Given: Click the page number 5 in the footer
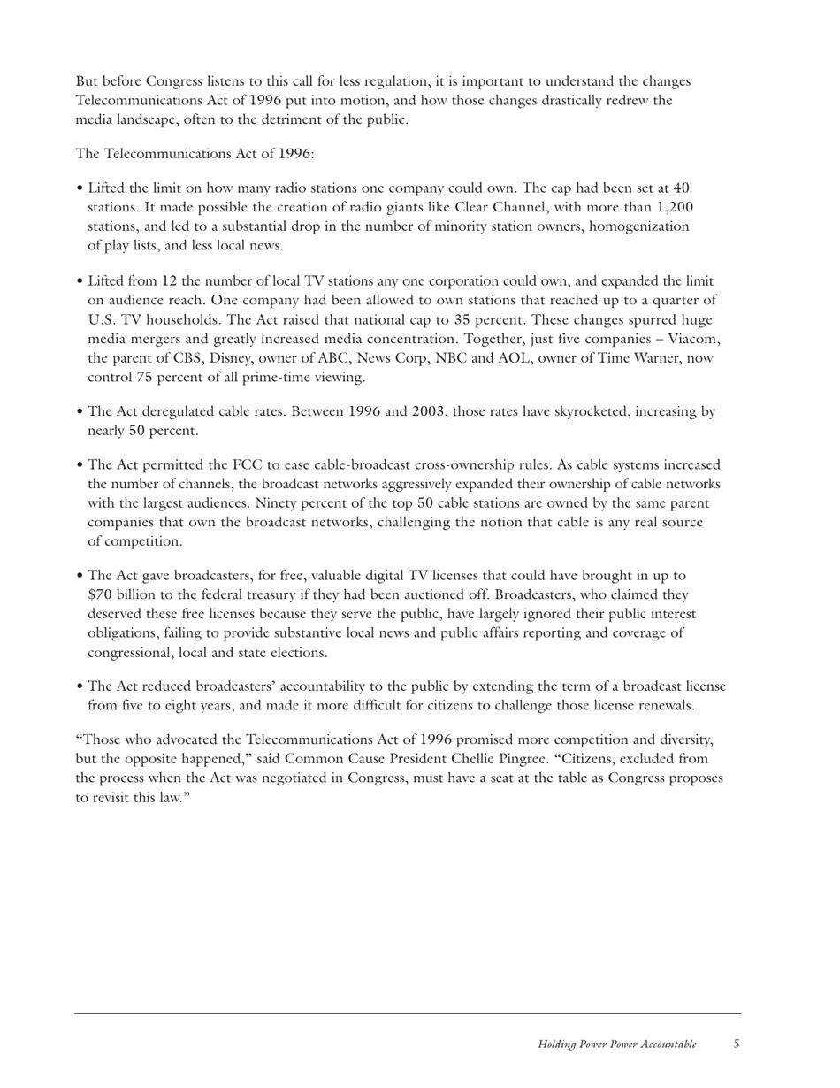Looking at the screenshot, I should pyautogui.click(x=737, y=1044).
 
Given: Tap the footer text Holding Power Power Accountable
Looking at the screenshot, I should pyautogui.click(x=616, y=1045).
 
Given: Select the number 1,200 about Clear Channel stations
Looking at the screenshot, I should pyautogui.click(x=668, y=207).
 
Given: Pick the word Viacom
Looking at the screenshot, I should pyautogui.click(x=694, y=339).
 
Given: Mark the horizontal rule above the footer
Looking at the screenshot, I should pyautogui.click(x=408, y=1013).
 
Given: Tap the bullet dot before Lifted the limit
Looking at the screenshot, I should pyautogui.click(x=80, y=188).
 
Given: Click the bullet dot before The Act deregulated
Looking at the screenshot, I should pyautogui.click(x=80, y=412).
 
